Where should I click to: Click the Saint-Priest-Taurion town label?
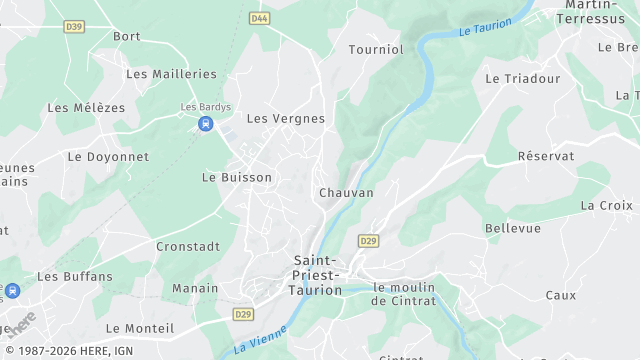[315, 275]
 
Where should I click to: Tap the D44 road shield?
[260, 18]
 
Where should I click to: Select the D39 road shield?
[74, 26]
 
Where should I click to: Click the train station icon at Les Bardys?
[206, 124]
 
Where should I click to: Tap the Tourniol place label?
[376, 49]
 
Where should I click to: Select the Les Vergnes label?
[286, 118]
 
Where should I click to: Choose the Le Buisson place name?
[237, 177]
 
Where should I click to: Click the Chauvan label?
[346, 192]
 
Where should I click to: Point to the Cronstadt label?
[188, 246]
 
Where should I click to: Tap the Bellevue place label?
[513, 228]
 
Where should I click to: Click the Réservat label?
[546, 157]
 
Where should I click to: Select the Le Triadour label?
[523, 78]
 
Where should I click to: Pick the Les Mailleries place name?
[172, 74]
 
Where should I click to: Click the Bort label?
[127, 36]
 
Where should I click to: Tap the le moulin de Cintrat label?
[404, 294]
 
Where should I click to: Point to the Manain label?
[195, 288]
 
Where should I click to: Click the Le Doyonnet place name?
[108, 157]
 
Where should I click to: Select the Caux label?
[561, 295]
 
